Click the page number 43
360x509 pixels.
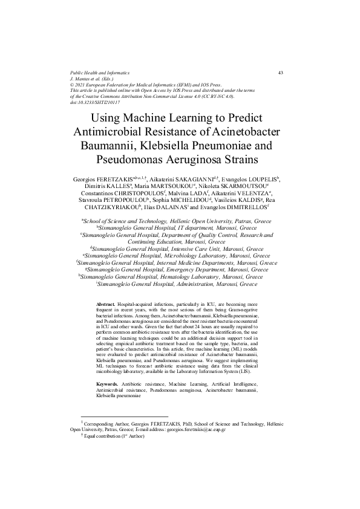281,73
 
